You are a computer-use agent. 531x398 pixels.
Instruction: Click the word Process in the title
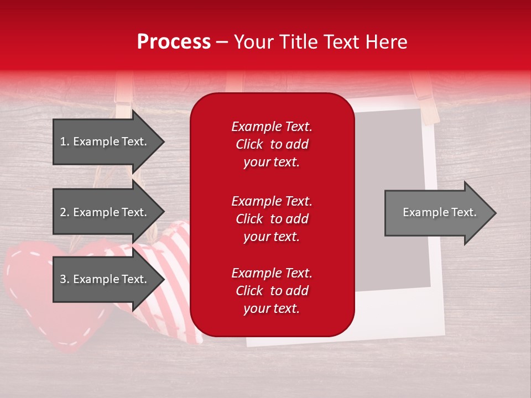pyautogui.click(x=174, y=42)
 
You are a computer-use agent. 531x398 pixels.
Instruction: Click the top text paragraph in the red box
pyautogui.click(x=272, y=144)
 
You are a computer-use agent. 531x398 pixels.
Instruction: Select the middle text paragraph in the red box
pyautogui.click(x=272, y=219)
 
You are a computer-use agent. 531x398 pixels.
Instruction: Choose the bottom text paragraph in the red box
pyautogui.click(x=272, y=291)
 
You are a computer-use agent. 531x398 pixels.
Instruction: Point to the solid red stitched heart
pyautogui.click(x=33, y=293)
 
